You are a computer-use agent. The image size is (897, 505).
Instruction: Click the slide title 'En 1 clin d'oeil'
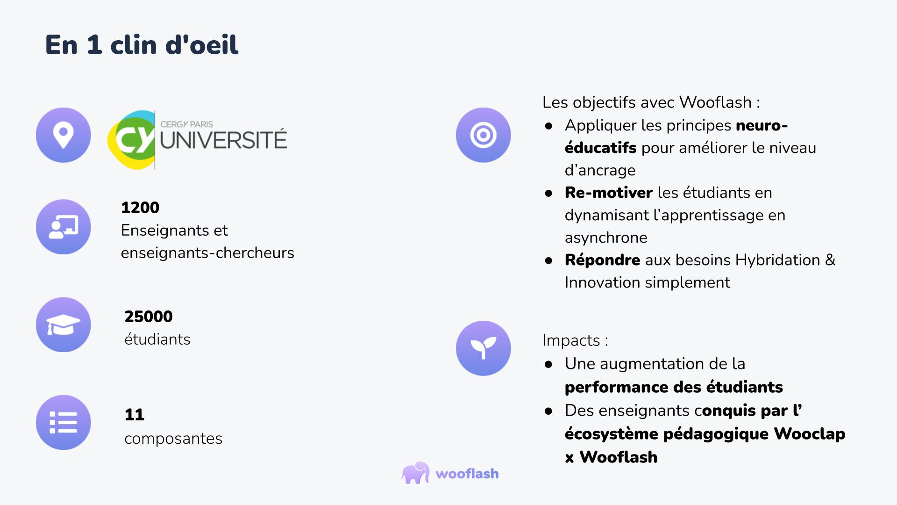click(x=142, y=45)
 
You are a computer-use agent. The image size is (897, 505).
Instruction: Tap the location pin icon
click(x=64, y=135)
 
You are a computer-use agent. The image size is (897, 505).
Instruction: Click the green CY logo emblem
click(x=131, y=139)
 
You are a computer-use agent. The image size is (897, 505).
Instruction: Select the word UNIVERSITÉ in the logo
click(x=223, y=140)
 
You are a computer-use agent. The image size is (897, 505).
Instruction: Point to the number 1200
click(x=140, y=208)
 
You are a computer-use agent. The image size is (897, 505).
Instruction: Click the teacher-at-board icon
click(x=64, y=227)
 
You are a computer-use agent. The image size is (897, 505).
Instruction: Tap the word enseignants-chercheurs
click(x=207, y=253)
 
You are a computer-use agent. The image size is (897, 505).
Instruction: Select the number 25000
click(x=149, y=317)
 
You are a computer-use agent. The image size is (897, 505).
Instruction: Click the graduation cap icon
click(x=64, y=325)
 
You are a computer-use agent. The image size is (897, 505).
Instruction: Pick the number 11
click(x=135, y=415)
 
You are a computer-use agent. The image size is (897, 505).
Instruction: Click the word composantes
click(x=173, y=439)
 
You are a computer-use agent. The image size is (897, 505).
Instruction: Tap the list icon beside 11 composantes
click(x=64, y=423)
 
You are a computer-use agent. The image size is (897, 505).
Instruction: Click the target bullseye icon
click(x=484, y=135)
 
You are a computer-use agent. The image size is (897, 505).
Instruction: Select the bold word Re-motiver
click(x=609, y=193)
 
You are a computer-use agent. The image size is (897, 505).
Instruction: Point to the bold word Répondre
click(x=603, y=260)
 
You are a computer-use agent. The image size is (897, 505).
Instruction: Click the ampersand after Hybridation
click(x=830, y=260)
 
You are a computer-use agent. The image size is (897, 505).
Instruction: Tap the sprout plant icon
click(x=484, y=348)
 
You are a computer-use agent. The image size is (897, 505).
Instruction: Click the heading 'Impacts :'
click(x=576, y=340)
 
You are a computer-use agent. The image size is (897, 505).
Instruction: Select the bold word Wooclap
click(x=810, y=434)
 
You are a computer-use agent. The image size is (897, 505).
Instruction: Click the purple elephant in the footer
click(x=415, y=473)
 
